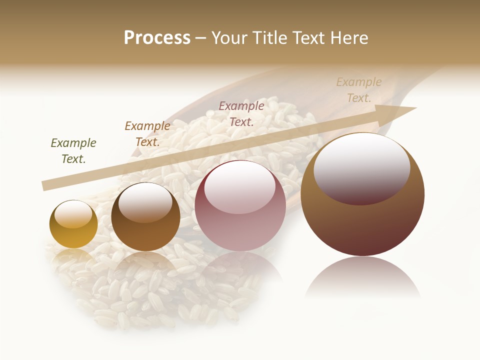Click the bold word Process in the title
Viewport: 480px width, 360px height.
point(157,38)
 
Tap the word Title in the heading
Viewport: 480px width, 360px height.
point(270,38)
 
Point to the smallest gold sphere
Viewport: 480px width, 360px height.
point(73,224)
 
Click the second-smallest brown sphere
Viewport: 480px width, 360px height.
point(145,216)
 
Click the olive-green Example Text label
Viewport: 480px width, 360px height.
point(73,151)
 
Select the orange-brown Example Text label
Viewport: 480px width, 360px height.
point(147,134)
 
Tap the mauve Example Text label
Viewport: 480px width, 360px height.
point(241,113)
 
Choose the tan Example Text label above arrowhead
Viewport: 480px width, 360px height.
point(359,90)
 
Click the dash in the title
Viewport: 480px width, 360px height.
point(200,38)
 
